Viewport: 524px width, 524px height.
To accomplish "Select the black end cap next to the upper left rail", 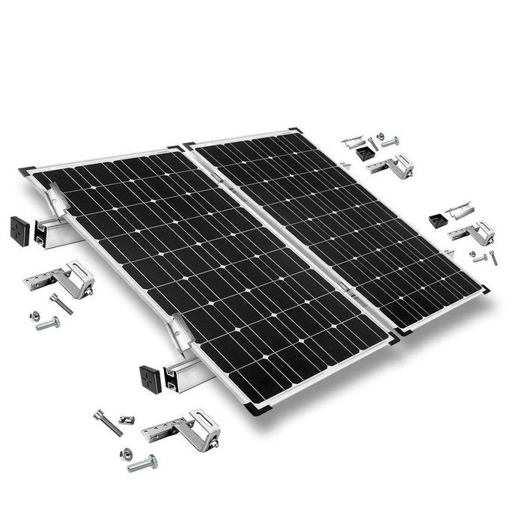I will (x=19, y=231).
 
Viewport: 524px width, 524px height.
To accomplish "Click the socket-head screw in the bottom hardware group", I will (x=108, y=422).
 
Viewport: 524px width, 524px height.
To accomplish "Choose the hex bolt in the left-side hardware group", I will (x=47, y=323).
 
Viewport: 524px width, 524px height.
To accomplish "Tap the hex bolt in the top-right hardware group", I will (x=389, y=141).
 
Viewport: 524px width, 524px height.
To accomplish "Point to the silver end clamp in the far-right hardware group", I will (x=459, y=210).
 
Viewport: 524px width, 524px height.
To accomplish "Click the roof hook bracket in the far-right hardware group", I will (x=473, y=234).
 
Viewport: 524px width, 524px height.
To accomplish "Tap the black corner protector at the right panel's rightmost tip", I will (x=484, y=289).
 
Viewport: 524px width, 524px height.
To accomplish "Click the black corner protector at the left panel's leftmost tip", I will (x=27, y=171).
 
